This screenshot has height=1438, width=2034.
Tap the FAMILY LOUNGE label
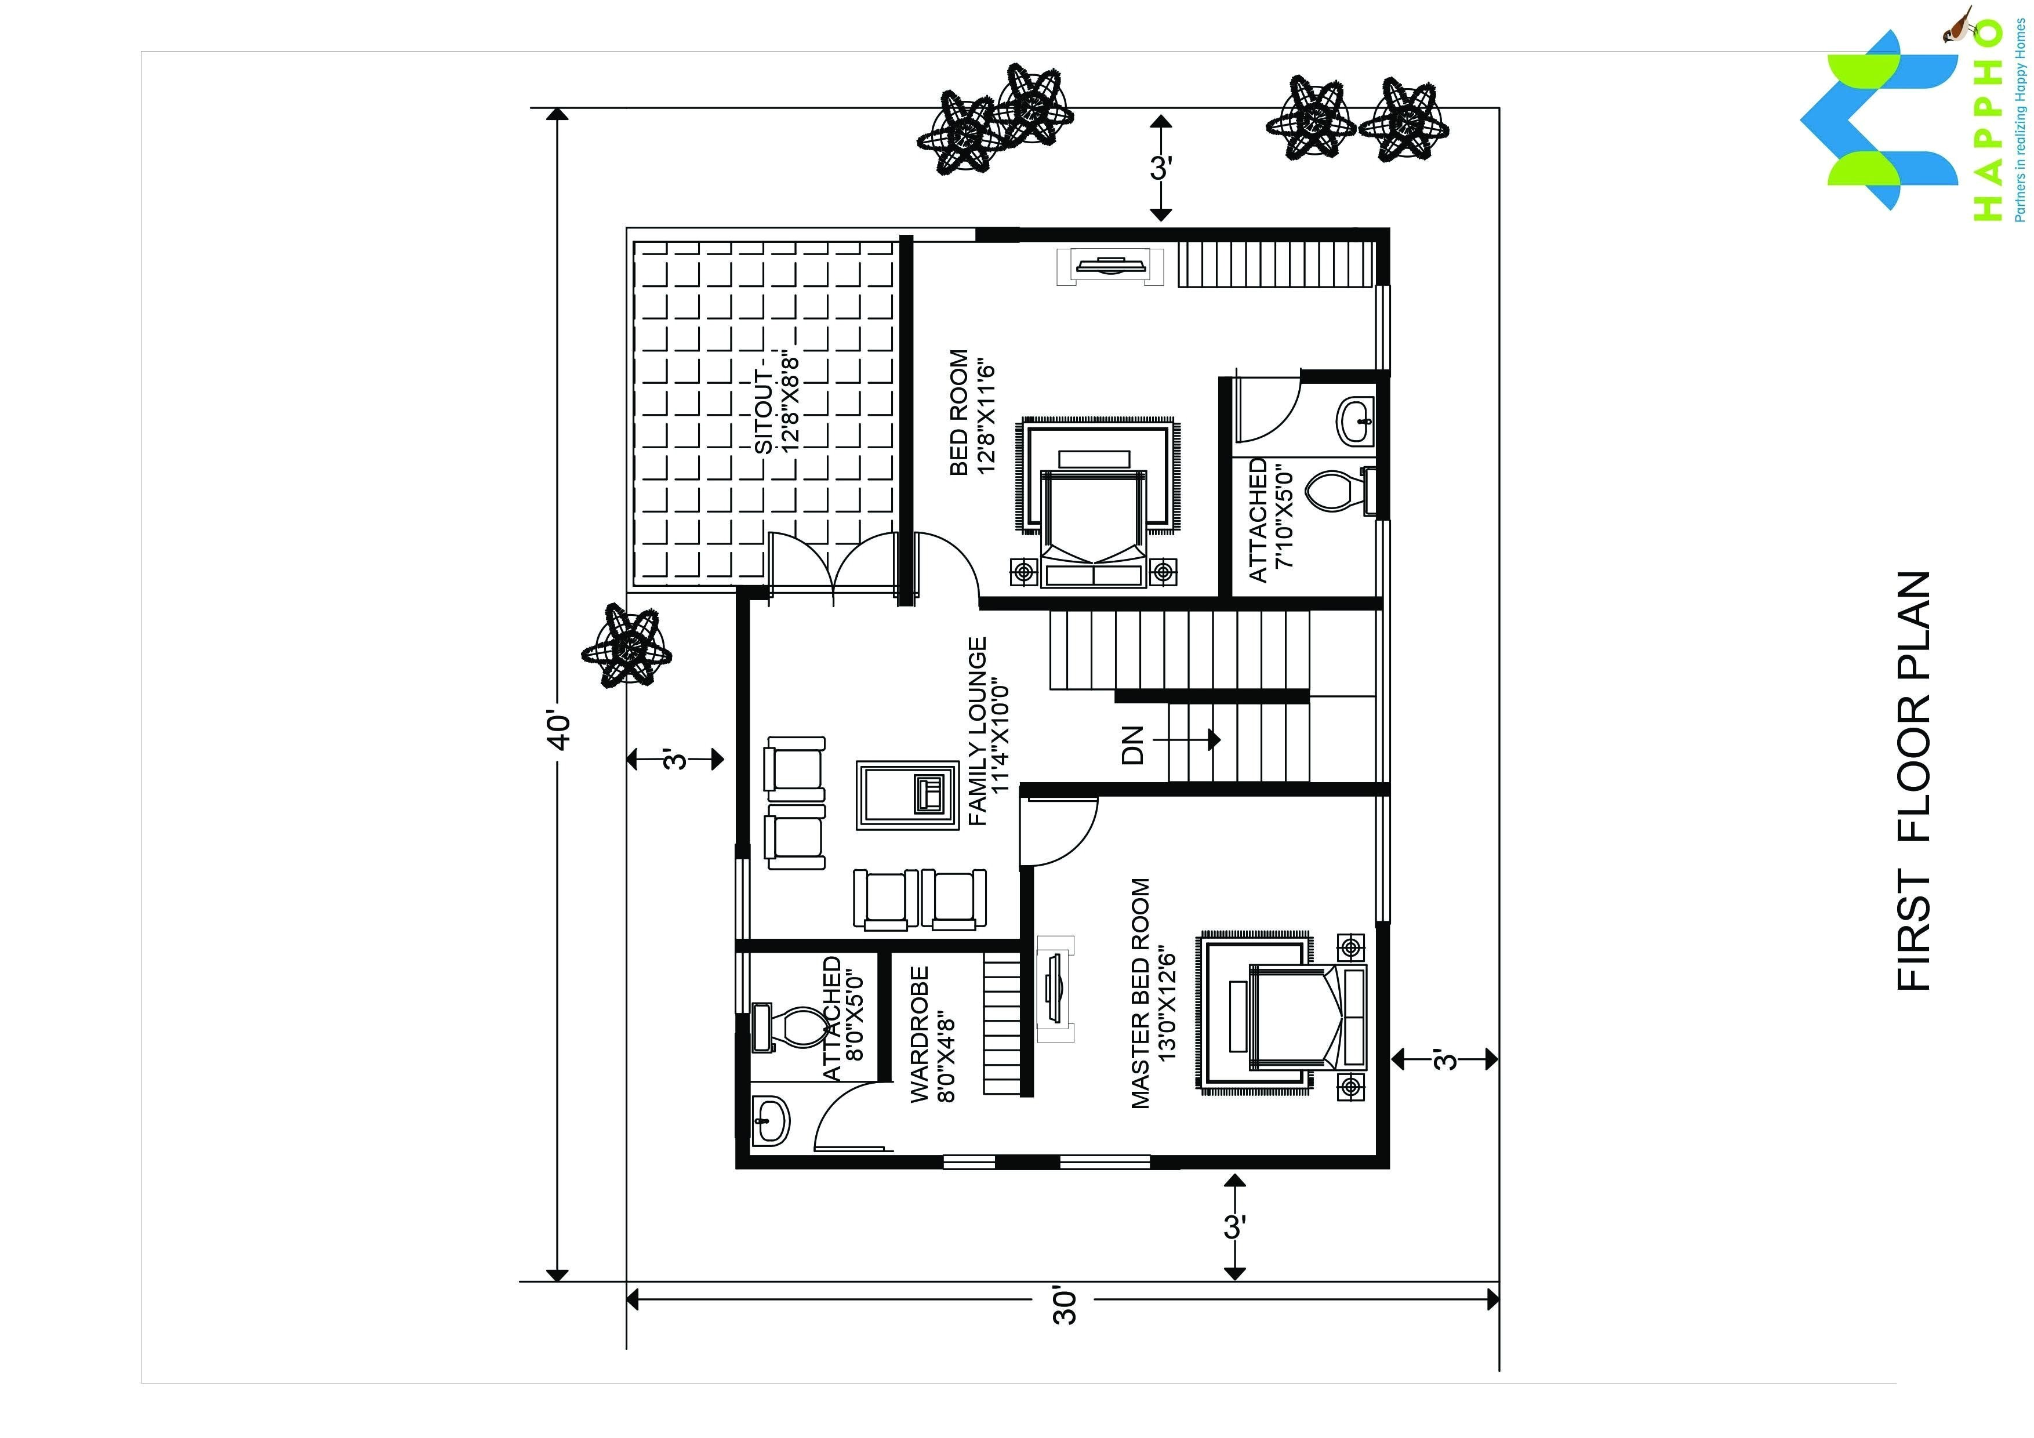coord(977,732)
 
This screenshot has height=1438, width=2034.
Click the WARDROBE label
coord(920,1034)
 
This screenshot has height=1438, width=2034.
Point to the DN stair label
coord(1133,745)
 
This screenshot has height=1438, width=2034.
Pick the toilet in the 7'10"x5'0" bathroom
coord(1342,491)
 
